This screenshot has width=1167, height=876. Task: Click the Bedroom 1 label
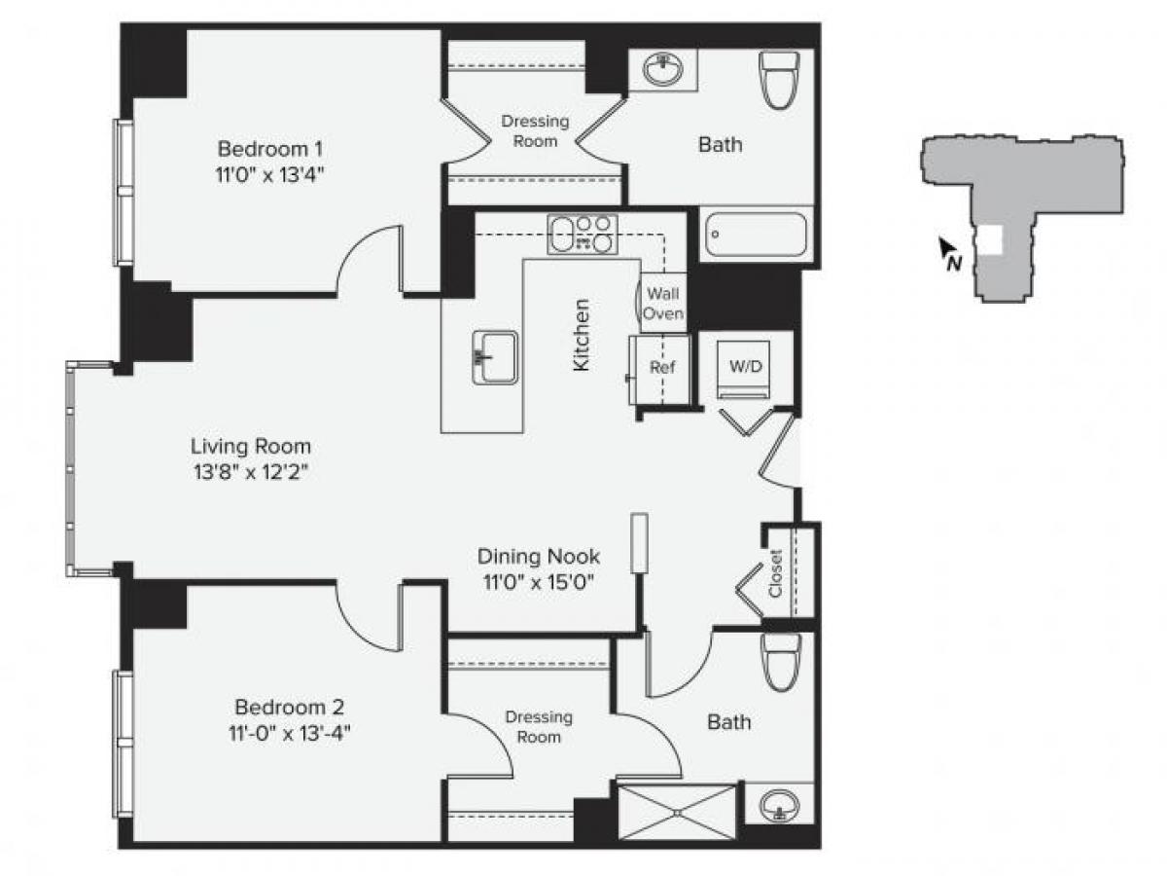point(269,149)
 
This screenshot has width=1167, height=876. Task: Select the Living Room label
point(251,447)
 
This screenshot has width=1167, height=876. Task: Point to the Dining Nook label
point(538,557)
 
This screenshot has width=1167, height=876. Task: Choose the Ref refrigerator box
point(661,369)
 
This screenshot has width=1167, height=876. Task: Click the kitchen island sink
point(495,357)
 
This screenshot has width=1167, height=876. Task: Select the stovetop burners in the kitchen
point(583,235)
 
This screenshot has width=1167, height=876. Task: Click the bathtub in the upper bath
point(756,235)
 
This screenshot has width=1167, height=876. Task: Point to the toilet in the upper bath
point(779,78)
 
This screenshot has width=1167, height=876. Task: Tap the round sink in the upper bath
point(663,70)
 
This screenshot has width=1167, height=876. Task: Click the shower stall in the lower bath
point(677,810)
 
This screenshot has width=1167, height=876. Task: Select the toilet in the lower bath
point(782,662)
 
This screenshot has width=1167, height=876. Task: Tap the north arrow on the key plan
point(948,253)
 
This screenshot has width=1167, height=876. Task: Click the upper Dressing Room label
point(535,131)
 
